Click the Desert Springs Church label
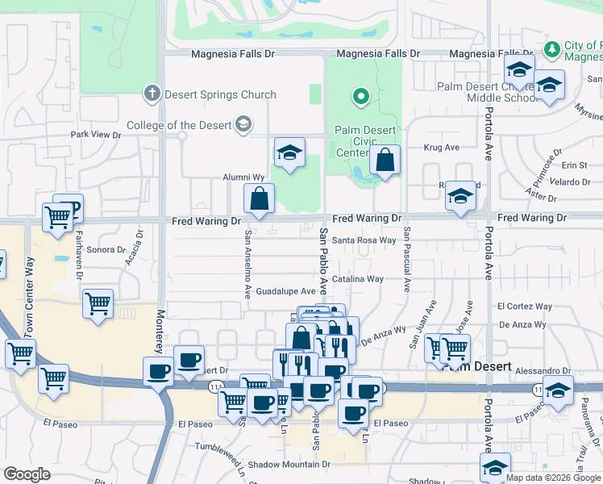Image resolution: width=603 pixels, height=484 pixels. [x=220, y=94]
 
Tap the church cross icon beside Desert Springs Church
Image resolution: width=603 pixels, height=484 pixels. [x=152, y=94]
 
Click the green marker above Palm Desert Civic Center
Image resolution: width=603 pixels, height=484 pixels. [x=361, y=98]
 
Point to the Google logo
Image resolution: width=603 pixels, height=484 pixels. [x=27, y=474]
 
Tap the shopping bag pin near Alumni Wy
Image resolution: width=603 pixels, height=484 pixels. [x=260, y=198]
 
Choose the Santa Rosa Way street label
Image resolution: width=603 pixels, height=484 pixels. [x=365, y=240]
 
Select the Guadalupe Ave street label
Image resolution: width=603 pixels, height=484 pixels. [x=286, y=291]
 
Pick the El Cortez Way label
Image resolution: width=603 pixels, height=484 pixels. [x=525, y=307]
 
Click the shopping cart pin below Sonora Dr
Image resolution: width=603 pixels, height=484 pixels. [x=98, y=304]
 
